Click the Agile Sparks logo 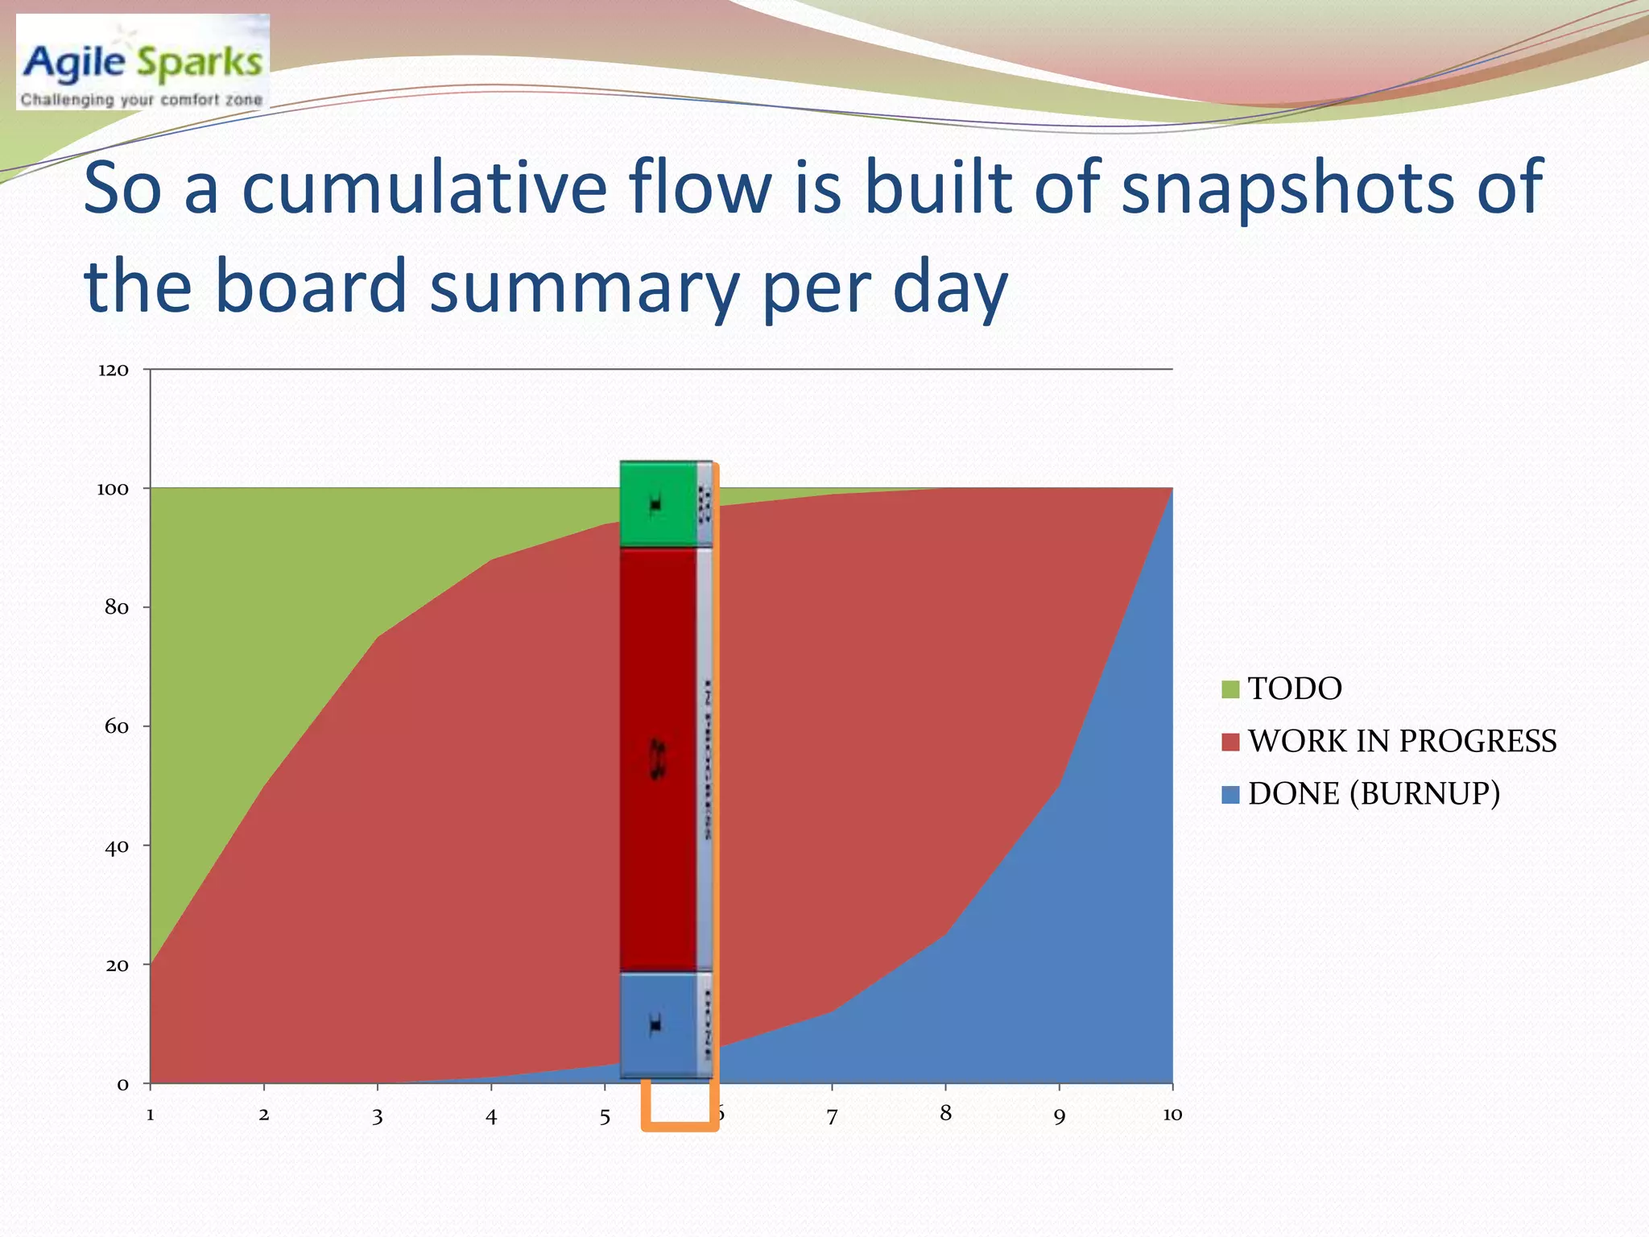click(x=143, y=62)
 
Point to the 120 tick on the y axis click(x=113, y=370)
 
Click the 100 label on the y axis click(x=113, y=489)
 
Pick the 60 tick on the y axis click(x=116, y=726)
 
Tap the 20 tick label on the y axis click(x=116, y=965)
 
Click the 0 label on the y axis click(x=122, y=1084)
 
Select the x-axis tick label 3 click(x=377, y=1116)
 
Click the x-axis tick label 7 click(x=832, y=1116)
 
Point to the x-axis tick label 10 click(x=1172, y=1115)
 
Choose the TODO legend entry click(x=1293, y=689)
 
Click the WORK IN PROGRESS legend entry click(x=1401, y=741)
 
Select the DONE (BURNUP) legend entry click(x=1373, y=793)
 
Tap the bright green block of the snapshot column click(x=657, y=504)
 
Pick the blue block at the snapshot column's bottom click(x=657, y=1024)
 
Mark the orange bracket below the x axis click(x=680, y=1126)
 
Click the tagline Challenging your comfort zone click(x=142, y=100)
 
